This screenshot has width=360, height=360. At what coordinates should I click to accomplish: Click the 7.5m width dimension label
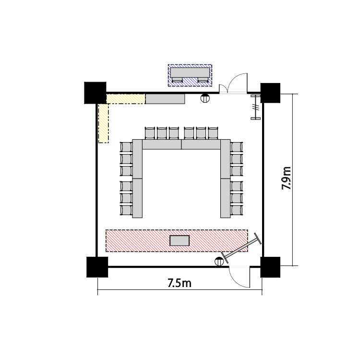click(x=180, y=283)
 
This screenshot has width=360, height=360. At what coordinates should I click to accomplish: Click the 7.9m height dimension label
click(x=286, y=178)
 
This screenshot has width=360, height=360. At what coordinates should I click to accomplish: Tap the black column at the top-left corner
click(x=96, y=93)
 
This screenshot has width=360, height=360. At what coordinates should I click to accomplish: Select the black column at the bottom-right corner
click(x=270, y=267)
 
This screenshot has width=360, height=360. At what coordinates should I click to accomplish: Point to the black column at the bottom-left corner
click(x=97, y=267)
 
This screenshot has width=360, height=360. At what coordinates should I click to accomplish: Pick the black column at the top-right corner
click(x=270, y=93)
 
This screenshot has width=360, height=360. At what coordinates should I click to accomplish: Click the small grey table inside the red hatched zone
click(x=180, y=240)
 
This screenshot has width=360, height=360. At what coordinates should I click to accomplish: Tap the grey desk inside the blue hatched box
click(x=190, y=72)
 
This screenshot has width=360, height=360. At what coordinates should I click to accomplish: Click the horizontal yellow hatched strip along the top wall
click(x=126, y=99)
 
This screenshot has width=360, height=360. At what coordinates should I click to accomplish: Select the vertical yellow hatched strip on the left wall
click(x=103, y=123)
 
